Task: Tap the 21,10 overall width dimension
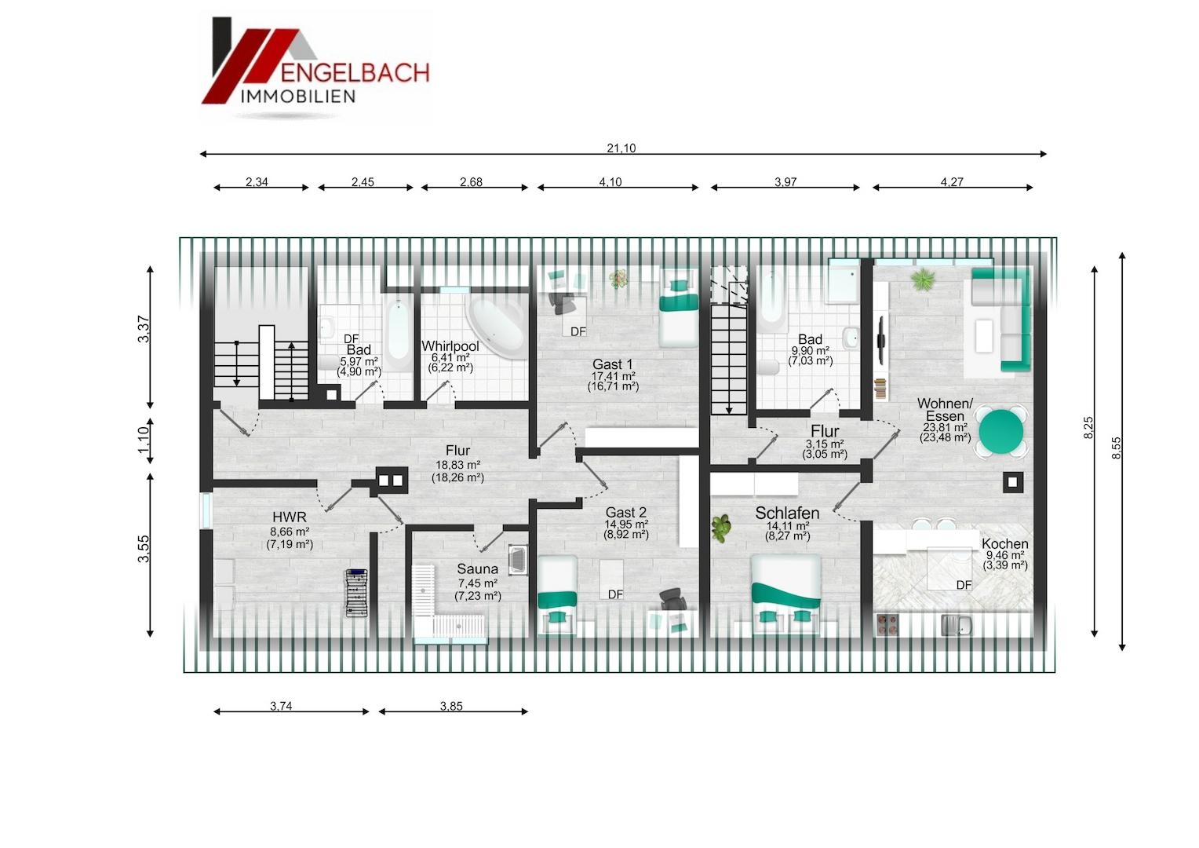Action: point(621,148)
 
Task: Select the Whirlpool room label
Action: point(450,346)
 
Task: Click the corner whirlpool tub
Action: point(497,327)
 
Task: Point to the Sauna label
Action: point(477,569)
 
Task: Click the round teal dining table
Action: point(1001,432)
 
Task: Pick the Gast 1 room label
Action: point(612,364)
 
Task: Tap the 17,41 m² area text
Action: point(614,376)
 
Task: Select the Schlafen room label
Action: point(787,513)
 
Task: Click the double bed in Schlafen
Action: point(786,594)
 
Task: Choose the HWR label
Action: point(290,517)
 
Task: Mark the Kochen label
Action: point(1004,543)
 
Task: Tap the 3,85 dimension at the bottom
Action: point(451,706)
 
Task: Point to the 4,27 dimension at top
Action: point(952,182)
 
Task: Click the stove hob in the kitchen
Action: point(887,625)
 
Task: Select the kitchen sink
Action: point(957,625)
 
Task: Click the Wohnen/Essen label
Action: point(946,409)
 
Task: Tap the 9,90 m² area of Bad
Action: point(811,350)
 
